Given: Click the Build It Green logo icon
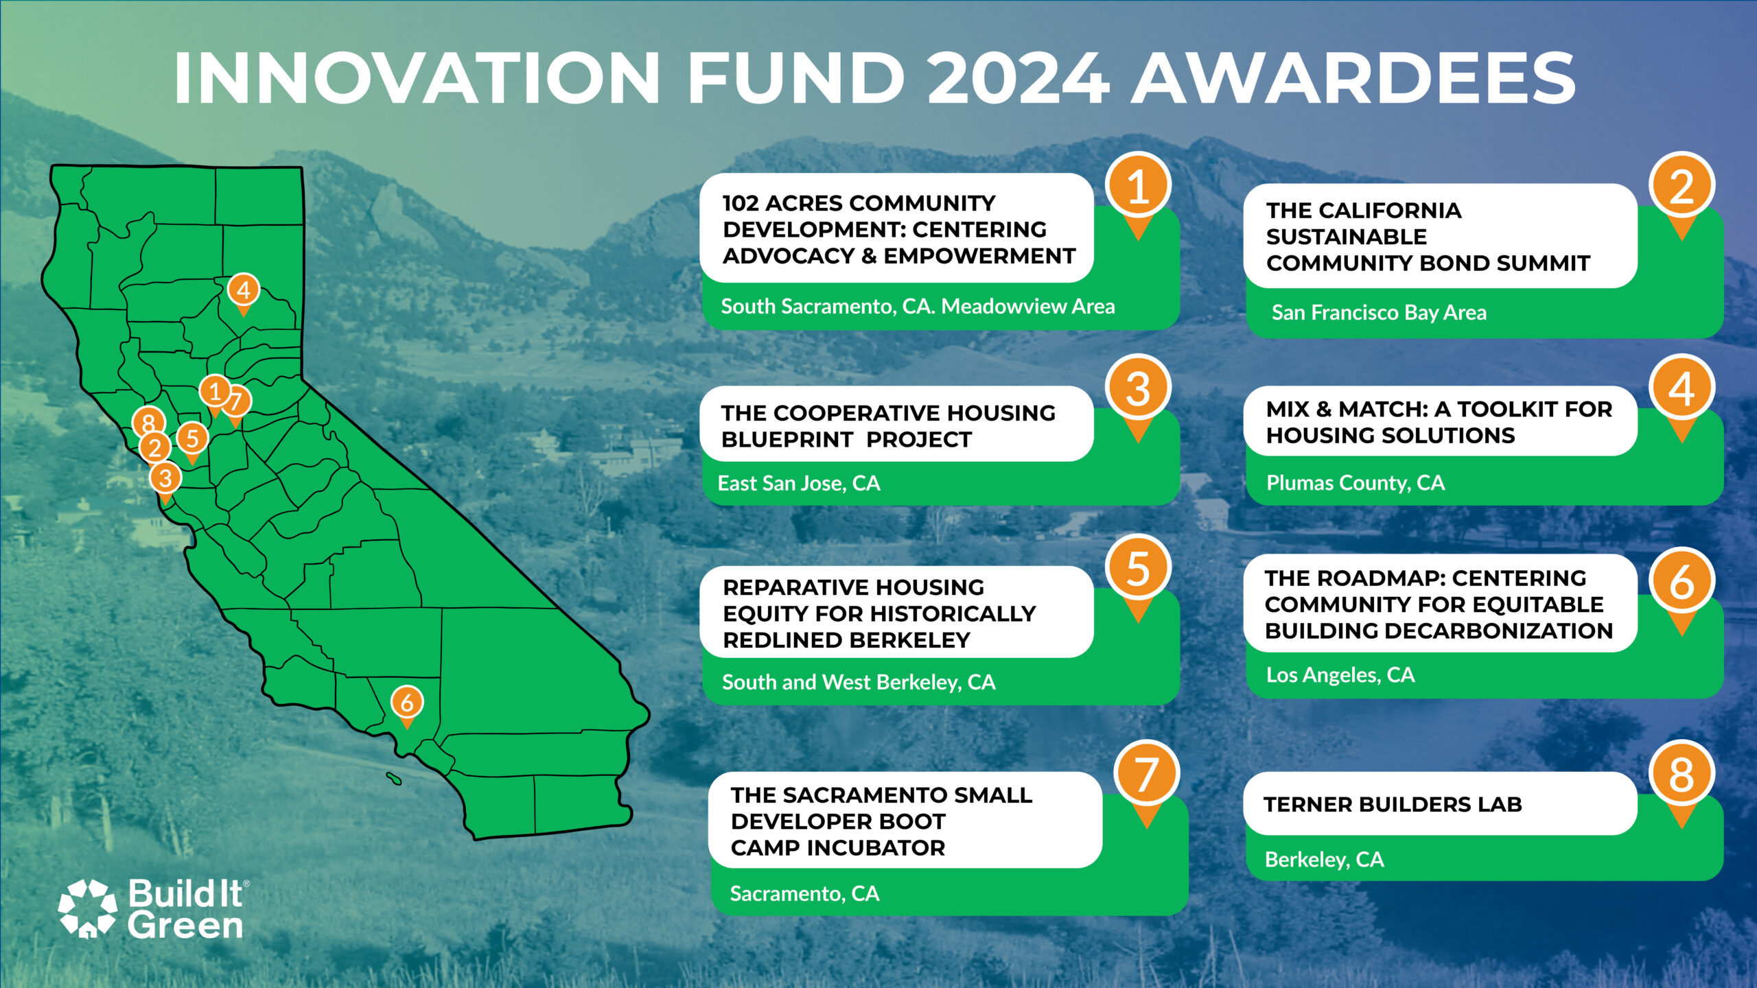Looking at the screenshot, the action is pyautogui.click(x=88, y=908).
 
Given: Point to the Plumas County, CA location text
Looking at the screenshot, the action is pyautogui.click(x=1355, y=483).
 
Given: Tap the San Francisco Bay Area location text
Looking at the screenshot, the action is pyautogui.click(x=1379, y=313).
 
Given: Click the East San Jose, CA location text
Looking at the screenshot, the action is pyautogui.click(x=799, y=484).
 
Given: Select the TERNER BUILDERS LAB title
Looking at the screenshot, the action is pyautogui.click(x=1393, y=804).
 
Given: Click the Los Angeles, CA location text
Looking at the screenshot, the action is pyautogui.click(x=1340, y=675).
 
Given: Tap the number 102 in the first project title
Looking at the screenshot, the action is pyautogui.click(x=740, y=203).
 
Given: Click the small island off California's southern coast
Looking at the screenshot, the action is pyautogui.click(x=393, y=778).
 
